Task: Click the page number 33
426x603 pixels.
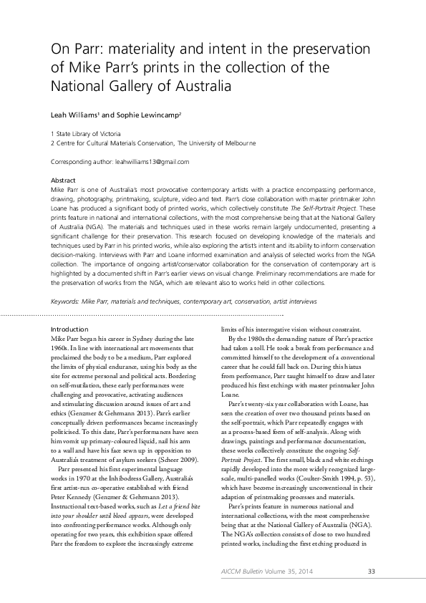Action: coord(371,571)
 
